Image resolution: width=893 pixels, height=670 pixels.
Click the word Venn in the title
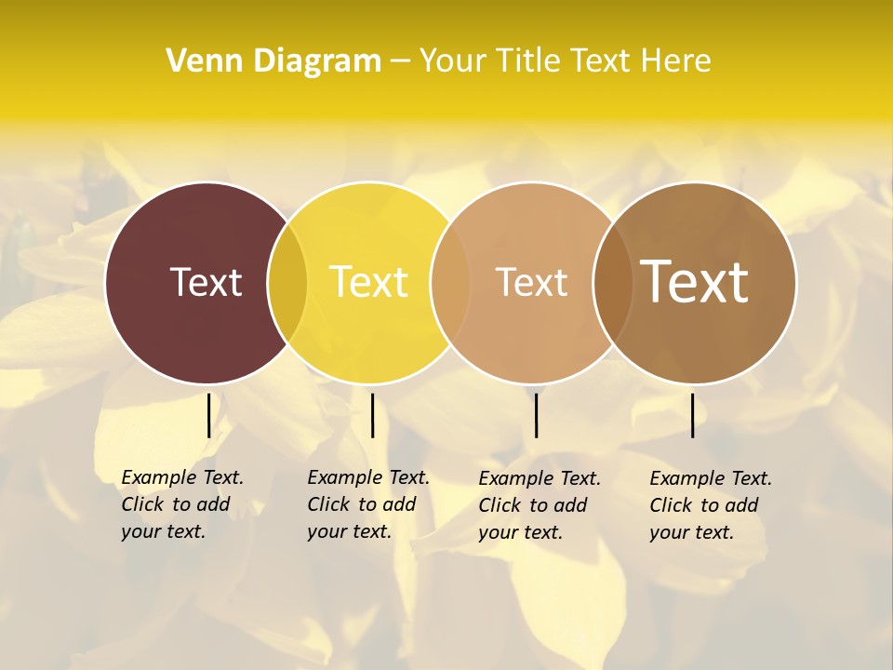(196, 60)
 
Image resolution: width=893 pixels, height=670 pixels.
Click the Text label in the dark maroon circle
(206, 282)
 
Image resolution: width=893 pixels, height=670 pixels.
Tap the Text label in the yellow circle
(369, 282)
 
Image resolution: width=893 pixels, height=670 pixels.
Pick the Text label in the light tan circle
(531, 282)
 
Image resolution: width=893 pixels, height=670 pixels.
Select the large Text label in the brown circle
(695, 282)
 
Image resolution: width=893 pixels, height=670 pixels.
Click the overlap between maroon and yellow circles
(287, 283)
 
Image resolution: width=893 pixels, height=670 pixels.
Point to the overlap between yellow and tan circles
(450, 283)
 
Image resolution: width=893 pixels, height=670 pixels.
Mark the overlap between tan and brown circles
(613, 283)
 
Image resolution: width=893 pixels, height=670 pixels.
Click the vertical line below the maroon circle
(208, 415)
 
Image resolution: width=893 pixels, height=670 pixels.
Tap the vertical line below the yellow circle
(372, 415)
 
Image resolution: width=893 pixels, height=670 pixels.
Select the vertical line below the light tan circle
(536, 415)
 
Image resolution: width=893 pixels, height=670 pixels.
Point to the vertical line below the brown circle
(693, 415)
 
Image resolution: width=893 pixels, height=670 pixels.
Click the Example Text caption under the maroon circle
(182, 504)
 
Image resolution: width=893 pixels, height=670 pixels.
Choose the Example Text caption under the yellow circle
(368, 504)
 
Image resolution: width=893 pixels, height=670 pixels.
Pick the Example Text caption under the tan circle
(540, 505)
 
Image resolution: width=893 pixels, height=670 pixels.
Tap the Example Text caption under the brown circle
(711, 505)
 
